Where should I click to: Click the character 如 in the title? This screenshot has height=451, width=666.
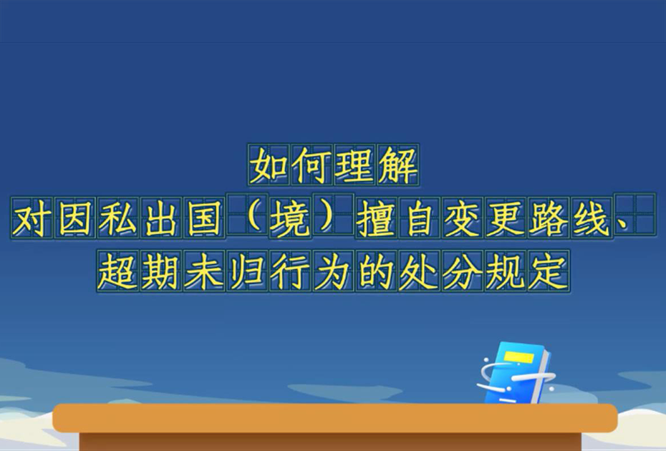coord(269,165)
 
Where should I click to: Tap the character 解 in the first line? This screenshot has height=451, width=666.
coord(397,165)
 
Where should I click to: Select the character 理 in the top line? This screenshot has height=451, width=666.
coord(354,165)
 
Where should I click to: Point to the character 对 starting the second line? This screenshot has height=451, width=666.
coord(32,218)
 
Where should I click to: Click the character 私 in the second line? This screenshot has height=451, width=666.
coord(117,218)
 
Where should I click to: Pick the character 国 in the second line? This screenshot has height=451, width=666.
coord(204,218)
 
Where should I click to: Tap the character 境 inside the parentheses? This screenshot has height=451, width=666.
coord(290,218)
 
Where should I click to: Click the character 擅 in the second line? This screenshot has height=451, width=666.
coord(376,218)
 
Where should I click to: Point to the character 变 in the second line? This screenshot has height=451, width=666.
coord(463,218)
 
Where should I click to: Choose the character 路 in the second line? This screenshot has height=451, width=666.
coord(549,218)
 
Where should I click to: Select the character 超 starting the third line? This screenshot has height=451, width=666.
coord(117,271)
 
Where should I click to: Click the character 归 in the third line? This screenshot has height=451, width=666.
coord(247,271)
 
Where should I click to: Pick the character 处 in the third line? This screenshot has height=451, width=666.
coord(419,271)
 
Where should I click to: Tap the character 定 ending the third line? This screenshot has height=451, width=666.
coord(549,271)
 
